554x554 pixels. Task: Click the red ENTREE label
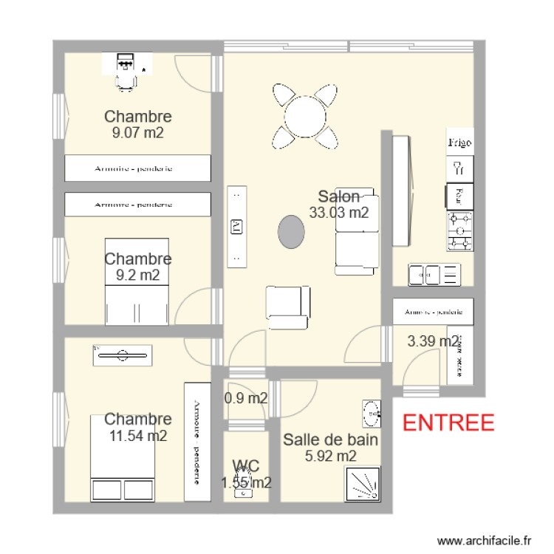[x=448, y=423]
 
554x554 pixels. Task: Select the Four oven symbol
[x=459, y=196]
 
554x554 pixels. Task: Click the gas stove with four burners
[x=459, y=230]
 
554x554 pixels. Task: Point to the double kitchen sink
[x=434, y=275]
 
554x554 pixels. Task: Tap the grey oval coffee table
[x=292, y=233]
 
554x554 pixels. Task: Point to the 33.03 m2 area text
[x=339, y=213]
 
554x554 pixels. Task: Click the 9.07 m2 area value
[x=137, y=133]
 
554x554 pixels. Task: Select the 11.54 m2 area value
[x=138, y=436]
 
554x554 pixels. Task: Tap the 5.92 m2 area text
[x=331, y=456]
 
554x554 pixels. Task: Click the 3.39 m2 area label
[x=433, y=341]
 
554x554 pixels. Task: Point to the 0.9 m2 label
[x=246, y=398]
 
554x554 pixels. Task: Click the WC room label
[x=245, y=465]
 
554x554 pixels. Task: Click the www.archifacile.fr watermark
[x=484, y=541]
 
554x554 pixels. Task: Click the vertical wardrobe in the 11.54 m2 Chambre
[x=197, y=442]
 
